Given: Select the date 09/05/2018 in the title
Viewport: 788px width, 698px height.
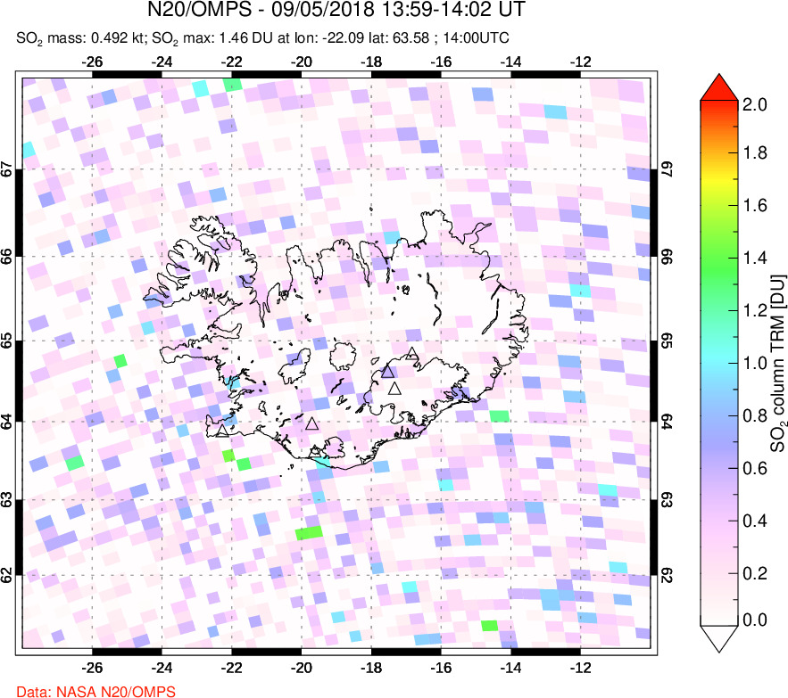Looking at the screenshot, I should coord(303,11).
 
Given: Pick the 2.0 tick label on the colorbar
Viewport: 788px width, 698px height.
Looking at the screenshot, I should coord(755,104).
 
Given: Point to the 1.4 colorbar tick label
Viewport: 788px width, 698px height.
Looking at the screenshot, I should coord(755,259).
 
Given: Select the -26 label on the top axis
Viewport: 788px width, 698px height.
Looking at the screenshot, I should coord(92,62).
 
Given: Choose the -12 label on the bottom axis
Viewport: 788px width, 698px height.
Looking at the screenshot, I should coord(581,667).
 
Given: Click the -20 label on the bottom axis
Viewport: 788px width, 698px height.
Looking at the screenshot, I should coord(302,667).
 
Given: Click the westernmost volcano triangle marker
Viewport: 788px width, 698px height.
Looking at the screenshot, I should coord(222,431).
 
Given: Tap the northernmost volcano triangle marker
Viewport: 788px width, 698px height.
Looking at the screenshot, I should coord(411,354).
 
